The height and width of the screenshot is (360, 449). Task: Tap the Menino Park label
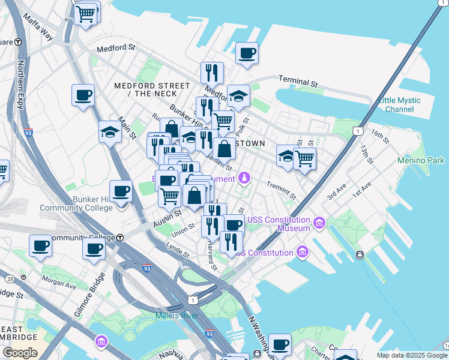pyautogui.click(x=421, y=160)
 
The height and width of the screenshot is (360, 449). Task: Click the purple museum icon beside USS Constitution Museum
pyautogui.click(x=319, y=224)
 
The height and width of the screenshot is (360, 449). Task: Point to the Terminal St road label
pyautogui.click(x=298, y=81)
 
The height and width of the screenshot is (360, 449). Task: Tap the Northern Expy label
pyautogui.click(x=21, y=85)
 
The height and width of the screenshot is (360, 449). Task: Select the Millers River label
pyautogui.click(x=176, y=316)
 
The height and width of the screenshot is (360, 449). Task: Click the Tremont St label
pyautogui.click(x=281, y=191)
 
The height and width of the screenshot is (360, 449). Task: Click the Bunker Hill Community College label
pyautogui.click(x=76, y=203)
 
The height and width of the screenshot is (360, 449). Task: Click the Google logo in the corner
pyautogui.click(x=20, y=353)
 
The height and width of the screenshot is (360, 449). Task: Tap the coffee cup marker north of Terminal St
pyautogui.click(x=247, y=53)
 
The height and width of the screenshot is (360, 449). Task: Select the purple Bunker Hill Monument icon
pyautogui.click(x=244, y=178)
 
